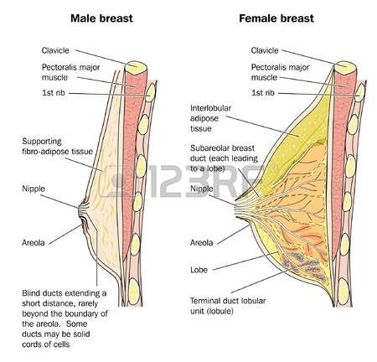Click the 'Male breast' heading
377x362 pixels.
click(101, 18)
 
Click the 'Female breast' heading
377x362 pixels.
click(276, 18)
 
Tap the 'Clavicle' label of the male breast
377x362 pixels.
click(55, 50)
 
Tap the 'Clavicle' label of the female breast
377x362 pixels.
click(265, 50)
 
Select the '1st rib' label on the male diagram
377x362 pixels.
click(54, 93)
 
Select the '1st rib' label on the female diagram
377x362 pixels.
click(263, 93)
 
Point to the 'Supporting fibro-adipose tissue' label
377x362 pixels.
click(57, 147)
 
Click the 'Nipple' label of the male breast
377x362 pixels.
click(34, 189)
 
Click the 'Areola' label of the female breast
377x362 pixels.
click(201, 243)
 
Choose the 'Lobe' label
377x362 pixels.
click(199, 270)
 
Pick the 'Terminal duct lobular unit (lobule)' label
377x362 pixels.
click(228, 306)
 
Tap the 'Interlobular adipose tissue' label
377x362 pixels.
click(210, 118)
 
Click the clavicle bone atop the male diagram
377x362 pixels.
click(136, 68)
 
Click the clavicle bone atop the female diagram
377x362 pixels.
click(345, 68)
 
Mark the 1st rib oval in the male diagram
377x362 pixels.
click(151, 92)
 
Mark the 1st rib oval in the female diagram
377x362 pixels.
click(359, 92)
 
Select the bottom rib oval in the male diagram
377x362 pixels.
click(135, 292)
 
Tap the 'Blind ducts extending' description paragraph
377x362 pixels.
click(65, 318)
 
